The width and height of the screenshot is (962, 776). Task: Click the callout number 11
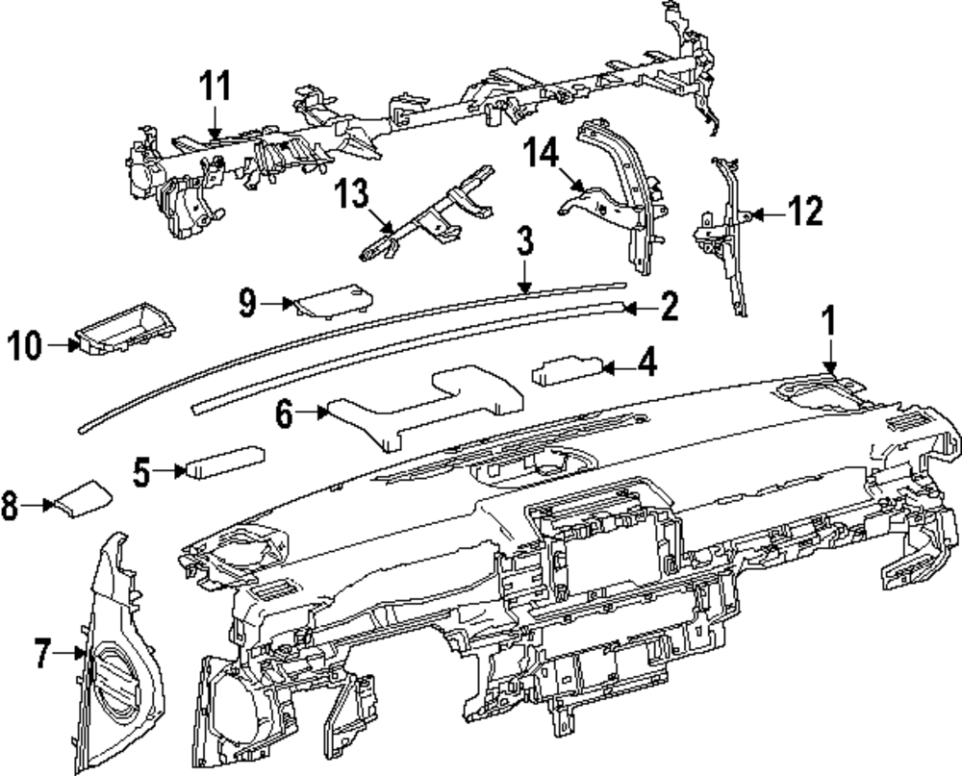click(x=215, y=87)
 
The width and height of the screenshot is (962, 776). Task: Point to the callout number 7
click(x=39, y=655)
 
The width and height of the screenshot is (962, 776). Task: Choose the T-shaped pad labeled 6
click(x=423, y=404)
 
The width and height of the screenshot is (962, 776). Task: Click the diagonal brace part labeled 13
click(x=423, y=216)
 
